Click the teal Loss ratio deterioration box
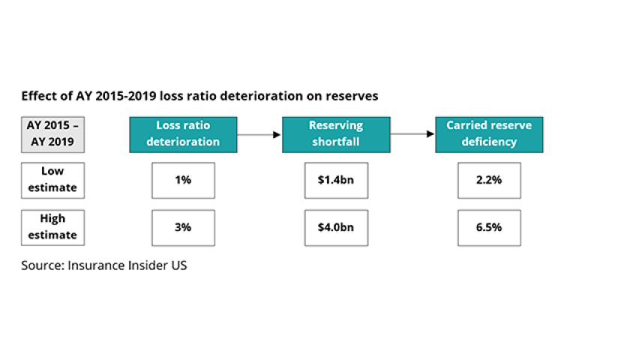point(183,134)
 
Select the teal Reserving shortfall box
point(336,134)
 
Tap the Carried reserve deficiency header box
point(489,134)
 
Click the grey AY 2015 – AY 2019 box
point(52,134)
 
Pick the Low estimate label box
point(52,181)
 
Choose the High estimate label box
point(52,228)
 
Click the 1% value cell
point(183,181)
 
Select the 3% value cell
point(183,228)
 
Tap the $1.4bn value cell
point(336,181)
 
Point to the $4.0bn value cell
point(336,228)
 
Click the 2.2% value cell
point(489,181)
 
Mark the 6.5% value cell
point(489,228)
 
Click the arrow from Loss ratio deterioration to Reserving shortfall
point(259,134)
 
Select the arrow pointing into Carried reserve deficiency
point(412,133)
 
